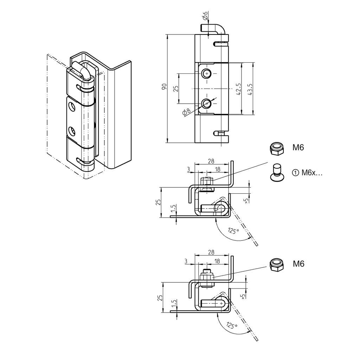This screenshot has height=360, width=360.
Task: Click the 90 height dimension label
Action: pos(164,88)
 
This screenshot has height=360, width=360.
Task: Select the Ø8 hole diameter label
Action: pos(186,112)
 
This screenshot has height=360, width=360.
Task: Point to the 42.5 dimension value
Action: pos(239,89)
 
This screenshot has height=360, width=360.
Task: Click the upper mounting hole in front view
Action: pos(206,73)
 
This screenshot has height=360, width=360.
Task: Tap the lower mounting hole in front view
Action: pos(206,103)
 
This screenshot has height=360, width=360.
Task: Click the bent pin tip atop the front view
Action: pos(213,28)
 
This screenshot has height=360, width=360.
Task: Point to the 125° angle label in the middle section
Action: pos(233,231)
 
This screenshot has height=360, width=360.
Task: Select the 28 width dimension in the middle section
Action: pos(211,161)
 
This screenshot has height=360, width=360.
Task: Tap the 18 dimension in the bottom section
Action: pos(217,262)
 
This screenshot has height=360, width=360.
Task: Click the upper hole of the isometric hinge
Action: pos(72,107)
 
